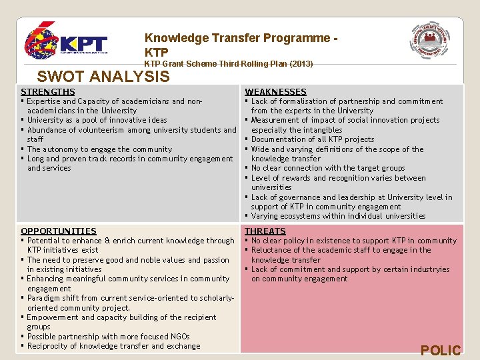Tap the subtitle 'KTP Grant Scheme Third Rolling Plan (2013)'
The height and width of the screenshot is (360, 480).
pos(228,64)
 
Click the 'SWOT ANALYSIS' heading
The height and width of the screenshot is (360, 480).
pos(103,77)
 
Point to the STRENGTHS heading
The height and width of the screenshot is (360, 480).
pos(48,91)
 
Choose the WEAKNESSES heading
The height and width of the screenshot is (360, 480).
pos(275,91)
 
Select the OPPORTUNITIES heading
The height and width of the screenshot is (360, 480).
pos(59,231)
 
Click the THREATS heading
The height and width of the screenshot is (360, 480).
pos(265,231)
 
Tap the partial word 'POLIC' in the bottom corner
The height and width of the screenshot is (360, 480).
pos(440,351)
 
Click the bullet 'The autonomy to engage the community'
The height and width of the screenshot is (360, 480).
pos(99,149)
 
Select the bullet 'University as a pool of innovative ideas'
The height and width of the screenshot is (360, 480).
pos(97,120)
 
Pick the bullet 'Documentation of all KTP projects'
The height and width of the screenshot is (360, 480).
pos(312,139)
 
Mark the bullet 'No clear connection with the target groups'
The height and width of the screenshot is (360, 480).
pos(327,168)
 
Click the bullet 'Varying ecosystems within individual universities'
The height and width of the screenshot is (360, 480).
pos(338,216)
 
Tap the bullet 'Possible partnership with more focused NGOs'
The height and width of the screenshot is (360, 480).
pos(108,337)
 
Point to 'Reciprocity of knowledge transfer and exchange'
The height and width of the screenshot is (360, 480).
pos(113,346)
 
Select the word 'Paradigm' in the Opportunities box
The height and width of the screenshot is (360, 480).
pos(44,298)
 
